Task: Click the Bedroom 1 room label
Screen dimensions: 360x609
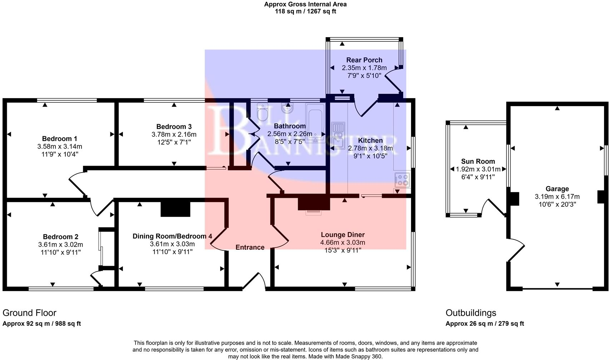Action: [59, 139]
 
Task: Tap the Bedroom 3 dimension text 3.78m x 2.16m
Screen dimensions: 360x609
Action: [174, 134]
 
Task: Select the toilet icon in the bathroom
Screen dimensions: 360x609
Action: [262, 112]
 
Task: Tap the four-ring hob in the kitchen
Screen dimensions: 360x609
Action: [402, 180]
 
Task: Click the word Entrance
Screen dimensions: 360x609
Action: [250, 247]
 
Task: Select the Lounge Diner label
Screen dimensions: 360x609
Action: [342, 235]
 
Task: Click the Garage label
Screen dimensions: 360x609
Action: [557, 189]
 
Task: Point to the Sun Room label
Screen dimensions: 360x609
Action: [478, 161]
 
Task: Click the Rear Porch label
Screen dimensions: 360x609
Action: [364, 60]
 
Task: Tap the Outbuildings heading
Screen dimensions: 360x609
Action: [471, 313]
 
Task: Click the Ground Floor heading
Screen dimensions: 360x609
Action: [29, 313]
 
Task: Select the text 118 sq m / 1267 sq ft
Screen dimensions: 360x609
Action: [305, 11]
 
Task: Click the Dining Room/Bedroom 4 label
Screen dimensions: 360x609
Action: [172, 236]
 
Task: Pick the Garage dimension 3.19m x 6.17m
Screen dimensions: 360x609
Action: [557, 196]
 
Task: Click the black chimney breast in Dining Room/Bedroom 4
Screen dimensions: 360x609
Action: [175, 209]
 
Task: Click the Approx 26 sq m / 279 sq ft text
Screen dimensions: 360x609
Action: [484, 324]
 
